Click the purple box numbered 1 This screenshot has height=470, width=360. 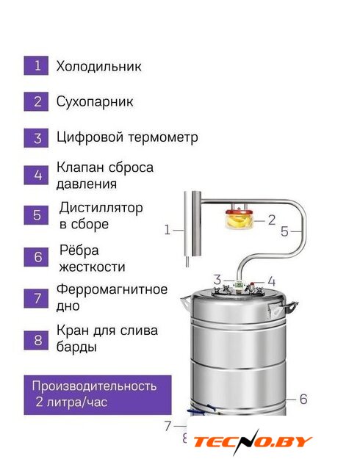click(x=36, y=65)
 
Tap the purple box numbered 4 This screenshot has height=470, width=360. click(x=36, y=175)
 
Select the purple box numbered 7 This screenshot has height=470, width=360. click(x=36, y=298)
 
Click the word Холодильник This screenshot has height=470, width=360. click(x=98, y=67)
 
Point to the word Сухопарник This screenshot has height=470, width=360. click(x=95, y=102)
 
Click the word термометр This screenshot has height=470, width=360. click(x=163, y=138)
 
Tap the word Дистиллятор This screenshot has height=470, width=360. click(x=101, y=208)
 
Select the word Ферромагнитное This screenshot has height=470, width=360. click(x=112, y=290)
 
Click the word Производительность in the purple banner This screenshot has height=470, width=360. click(x=94, y=386)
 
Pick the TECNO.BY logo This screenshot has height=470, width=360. click(x=251, y=443)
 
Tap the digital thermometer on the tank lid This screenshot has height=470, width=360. click(x=239, y=284)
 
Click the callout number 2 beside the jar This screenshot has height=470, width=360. click(x=272, y=220)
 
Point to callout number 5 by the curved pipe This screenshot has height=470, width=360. click(x=284, y=231)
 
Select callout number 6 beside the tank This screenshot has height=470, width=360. click(x=303, y=399)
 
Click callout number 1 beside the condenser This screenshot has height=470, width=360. click(x=168, y=230)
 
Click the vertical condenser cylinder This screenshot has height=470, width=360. click(x=192, y=224)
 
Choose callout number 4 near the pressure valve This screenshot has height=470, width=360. click(x=271, y=282)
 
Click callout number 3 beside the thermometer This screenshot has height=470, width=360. click(x=217, y=280)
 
